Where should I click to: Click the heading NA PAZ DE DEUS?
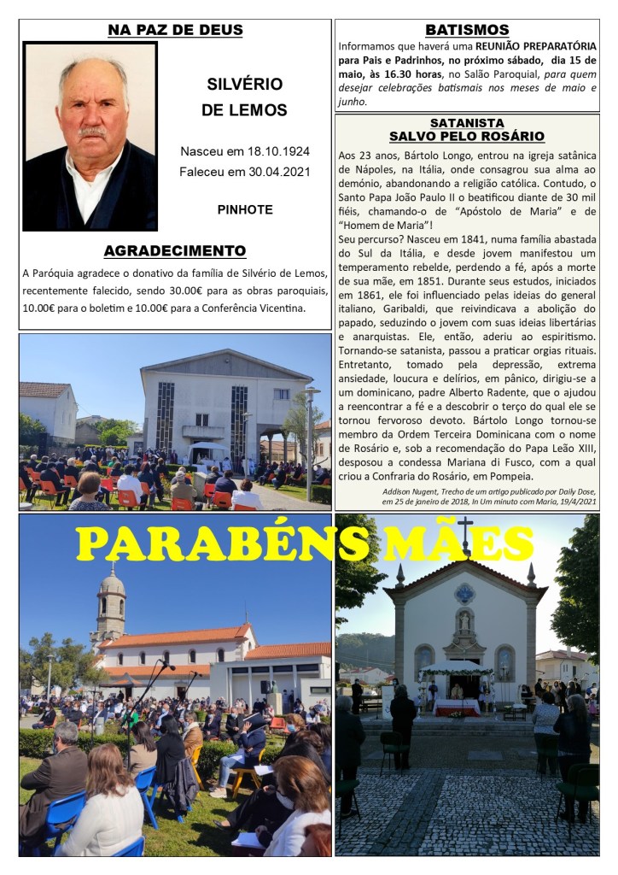[175, 30]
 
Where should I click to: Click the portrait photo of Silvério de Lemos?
[90, 137]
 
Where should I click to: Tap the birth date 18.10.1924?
[277, 151]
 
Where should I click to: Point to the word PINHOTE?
[245, 208]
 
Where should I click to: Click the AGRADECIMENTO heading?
[175, 251]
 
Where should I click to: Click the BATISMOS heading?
[467, 30]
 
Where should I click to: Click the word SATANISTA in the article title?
[467, 123]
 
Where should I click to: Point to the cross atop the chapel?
[465, 533]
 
